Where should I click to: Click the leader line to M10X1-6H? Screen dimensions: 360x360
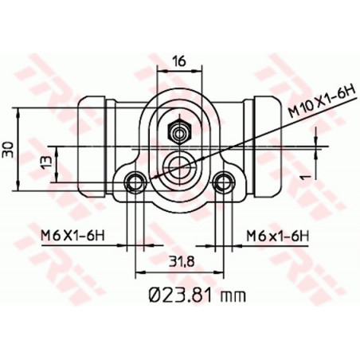[x=239, y=140]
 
